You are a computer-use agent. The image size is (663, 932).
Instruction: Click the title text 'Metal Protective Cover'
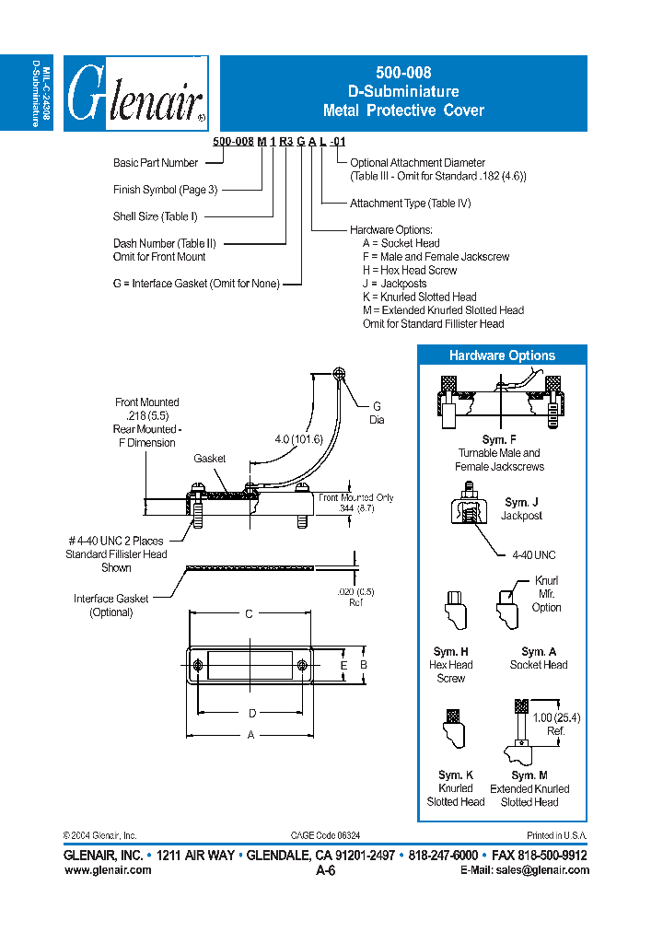403,111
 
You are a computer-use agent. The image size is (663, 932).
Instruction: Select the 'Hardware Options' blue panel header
502,355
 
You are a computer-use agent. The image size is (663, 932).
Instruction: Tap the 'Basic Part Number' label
156,163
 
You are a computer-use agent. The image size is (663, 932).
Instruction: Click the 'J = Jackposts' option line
394,284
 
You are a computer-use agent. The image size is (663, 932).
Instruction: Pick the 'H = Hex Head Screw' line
409,270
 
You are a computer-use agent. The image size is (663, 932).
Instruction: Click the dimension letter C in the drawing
249,614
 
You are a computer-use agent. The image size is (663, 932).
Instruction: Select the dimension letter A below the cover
250,735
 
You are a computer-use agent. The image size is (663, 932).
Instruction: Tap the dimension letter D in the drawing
252,712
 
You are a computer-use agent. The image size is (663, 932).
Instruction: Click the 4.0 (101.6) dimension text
297,439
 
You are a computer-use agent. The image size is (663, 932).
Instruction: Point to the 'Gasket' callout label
210,458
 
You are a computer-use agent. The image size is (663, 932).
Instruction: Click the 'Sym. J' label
522,503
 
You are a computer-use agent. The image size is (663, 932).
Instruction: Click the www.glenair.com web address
108,870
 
